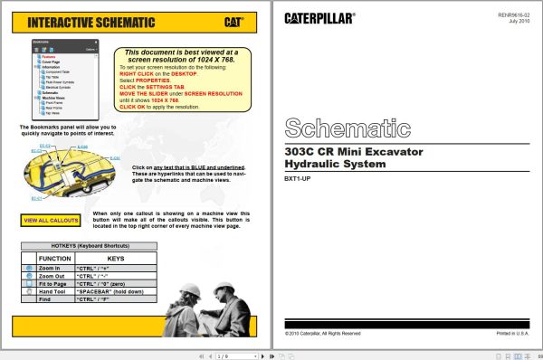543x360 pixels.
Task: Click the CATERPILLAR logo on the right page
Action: click(319, 17)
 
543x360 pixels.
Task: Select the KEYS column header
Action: click(116, 259)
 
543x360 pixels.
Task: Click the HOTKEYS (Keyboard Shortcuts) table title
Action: click(89, 246)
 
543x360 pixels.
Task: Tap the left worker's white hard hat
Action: click(192, 289)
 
